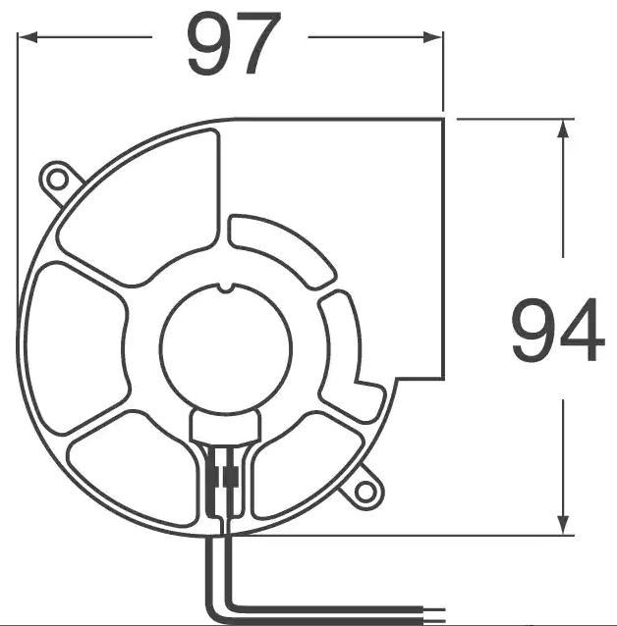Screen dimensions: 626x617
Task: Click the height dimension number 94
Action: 557,333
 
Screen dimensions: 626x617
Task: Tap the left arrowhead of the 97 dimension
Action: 28,37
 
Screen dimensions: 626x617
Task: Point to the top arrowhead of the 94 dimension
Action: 563,130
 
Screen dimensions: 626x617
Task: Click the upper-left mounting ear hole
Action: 57,179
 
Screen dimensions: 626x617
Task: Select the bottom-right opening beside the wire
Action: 295,461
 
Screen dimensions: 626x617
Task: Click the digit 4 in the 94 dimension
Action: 582,333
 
